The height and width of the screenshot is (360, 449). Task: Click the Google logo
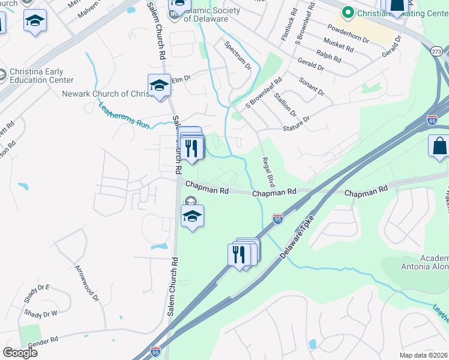pyautogui.click(x=20, y=353)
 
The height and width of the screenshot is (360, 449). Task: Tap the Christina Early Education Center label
pyautogui.click(x=41, y=76)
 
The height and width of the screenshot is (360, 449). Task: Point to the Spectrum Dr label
pyautogui.click(x=238, y=55)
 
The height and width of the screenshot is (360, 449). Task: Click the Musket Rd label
pyautogui.click(x=338, y=45)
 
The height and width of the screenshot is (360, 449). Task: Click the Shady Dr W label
pyautogui.click(x=40, y=313)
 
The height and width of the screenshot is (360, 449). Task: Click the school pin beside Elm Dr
pyautogui.click(x=160, y=86)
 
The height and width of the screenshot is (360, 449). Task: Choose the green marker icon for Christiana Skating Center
pyautogui.click(x=347, y=12)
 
